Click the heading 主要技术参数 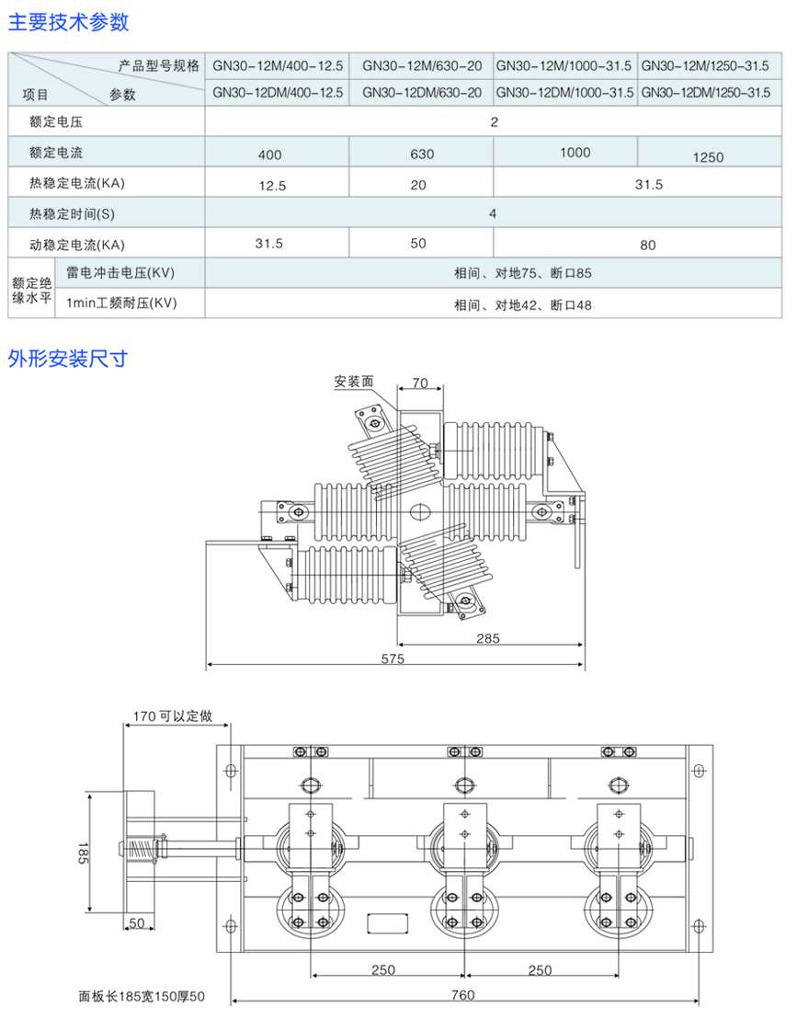click(69, 21)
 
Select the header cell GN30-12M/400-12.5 click(277, 65)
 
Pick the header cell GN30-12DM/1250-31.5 click(705, 93)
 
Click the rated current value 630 click(422, 155)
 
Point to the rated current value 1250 click(709, 157)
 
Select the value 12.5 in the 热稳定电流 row click(273, 185)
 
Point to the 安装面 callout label click(354, 381)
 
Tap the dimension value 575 click(392, 658)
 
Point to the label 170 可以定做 click(173, 716)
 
